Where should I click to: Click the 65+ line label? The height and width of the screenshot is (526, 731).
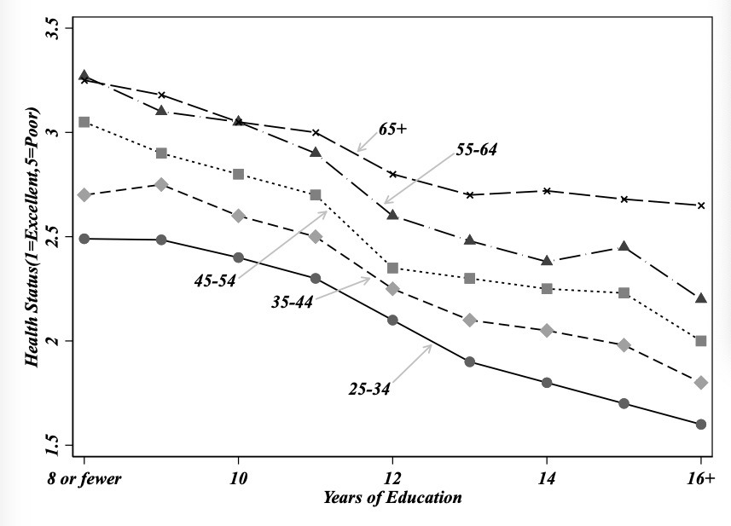click(393, 129)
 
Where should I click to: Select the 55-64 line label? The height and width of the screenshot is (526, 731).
click(476, 149)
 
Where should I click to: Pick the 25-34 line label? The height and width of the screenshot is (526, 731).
click(370, 389)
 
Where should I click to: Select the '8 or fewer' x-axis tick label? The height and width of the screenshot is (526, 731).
click(85, 478)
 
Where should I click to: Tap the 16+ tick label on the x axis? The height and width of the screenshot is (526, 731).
click(699, 478)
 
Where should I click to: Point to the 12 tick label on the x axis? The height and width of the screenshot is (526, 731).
click(392, 478)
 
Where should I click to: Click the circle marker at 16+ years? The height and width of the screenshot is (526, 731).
click(701, 424)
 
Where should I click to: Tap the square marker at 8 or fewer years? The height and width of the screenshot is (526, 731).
click(84, 122)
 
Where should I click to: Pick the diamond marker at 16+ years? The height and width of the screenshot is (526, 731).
click(701, 383)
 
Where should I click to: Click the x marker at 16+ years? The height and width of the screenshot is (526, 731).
click(701, 205)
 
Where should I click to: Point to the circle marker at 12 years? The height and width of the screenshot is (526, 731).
click(392, 321)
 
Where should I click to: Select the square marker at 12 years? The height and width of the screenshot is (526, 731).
click(392, 269)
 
